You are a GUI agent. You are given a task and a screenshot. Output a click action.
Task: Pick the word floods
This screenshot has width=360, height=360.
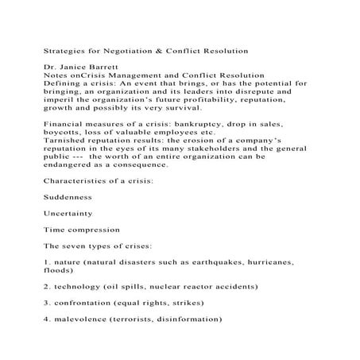click(x=58, y=270)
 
